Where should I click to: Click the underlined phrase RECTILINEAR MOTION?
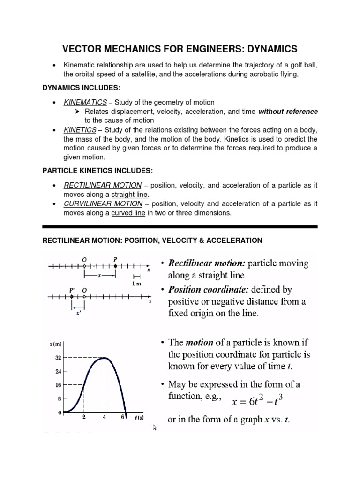[x=102, y=186]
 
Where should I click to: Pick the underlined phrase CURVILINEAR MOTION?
[x=103, y=204]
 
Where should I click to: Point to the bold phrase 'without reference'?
[x=288, y=112]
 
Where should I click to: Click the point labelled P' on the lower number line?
[x=72, y=297]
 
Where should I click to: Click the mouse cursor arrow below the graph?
[x=154, y=427]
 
